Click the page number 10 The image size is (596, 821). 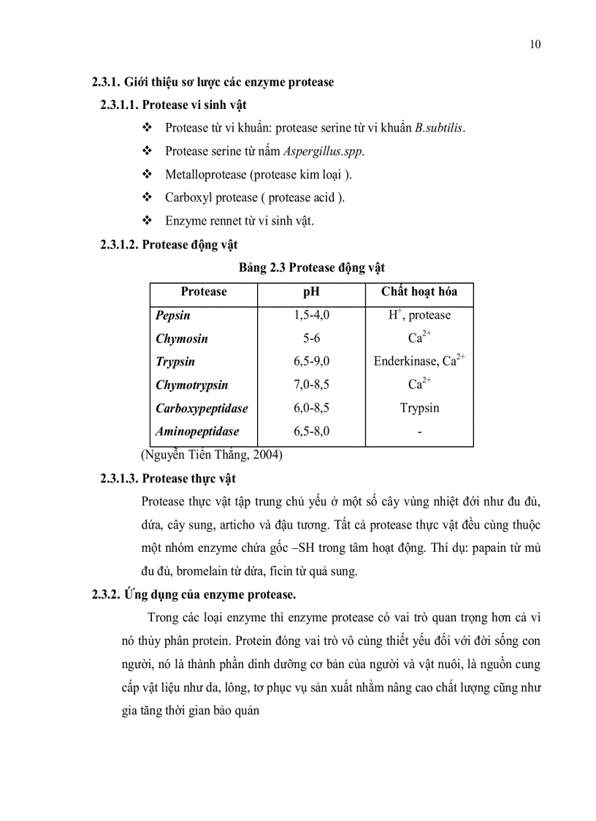535,45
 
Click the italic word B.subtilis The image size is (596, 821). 439,128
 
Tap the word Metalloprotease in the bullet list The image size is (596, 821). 203,175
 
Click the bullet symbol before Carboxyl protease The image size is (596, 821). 147,197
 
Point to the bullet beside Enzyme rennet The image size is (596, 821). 147,220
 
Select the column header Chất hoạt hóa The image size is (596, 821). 419,292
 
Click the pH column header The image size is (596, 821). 311,292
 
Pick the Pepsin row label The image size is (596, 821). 173,315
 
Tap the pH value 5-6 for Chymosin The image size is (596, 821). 311,338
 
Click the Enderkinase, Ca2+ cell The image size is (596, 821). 419,361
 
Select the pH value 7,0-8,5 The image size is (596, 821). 311,385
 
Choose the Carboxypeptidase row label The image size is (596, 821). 202,408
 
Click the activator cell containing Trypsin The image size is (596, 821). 419,408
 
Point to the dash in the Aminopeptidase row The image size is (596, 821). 419,432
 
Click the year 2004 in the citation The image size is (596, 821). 267,455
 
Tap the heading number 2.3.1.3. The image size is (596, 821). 119,479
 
